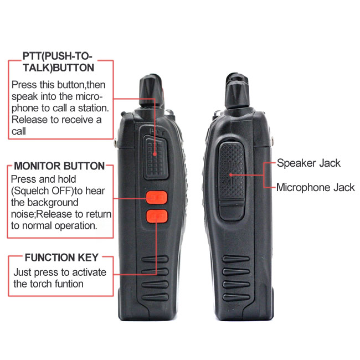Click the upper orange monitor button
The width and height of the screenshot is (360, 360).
tap(156, 197)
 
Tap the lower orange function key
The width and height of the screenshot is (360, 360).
tap(157, 216)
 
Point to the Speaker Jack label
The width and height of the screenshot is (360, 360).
tap(308, 163)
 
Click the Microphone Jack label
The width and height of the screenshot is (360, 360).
tap(316, 188)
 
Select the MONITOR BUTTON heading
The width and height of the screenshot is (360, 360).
tap(59, 166)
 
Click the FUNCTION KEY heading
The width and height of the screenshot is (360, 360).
tap(61, 258)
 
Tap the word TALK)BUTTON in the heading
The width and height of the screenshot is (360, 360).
tap(59, 68)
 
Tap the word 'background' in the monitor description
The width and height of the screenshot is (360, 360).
tap(53, 203)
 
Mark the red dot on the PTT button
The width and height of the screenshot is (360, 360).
tap(155, 155)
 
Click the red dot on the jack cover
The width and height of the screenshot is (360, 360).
tap(231, 175)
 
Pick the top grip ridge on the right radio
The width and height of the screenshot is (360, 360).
tap(236, 259)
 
